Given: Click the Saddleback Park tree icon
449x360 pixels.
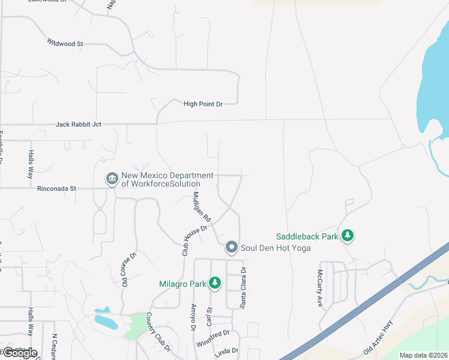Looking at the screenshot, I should [347, 236].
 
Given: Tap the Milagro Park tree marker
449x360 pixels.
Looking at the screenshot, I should [214, 283].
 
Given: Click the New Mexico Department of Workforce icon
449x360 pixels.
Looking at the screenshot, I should [112, 179].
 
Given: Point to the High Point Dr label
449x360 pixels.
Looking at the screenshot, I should [203, 104].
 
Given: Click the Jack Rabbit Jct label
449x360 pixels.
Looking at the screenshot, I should [78, 124].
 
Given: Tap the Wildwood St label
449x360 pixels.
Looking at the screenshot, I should [65, 43].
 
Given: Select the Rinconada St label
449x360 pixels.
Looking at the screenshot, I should [56, 188].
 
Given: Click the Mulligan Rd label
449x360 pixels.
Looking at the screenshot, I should [201, 206].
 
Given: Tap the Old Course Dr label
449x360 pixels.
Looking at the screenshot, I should [127, 268].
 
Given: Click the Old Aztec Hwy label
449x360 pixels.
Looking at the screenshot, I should [381, 345].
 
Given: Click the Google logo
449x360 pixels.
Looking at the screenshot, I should [19, 353].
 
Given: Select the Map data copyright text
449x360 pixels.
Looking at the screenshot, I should [423, 355].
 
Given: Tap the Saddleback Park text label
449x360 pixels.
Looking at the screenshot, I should [307, 236].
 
